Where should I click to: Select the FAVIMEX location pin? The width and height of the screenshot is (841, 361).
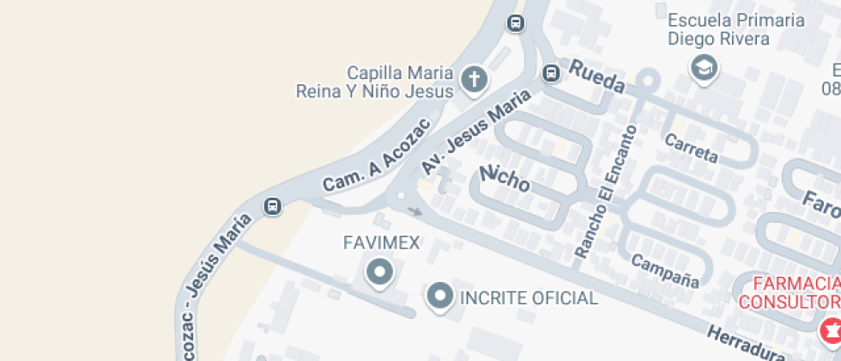[378, 273]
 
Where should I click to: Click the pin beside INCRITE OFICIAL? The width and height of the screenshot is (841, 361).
[440, 297]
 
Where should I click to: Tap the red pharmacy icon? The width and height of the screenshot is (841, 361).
[830, 328]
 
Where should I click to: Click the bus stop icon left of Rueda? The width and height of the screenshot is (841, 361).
[550, 74]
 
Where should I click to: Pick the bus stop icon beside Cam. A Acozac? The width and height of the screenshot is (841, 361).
[272, 206]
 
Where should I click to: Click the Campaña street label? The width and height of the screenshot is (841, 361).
[665, 270]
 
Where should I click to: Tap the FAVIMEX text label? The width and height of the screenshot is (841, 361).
[381, 243]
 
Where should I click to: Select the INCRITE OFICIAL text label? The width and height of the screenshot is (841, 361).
[529, 298]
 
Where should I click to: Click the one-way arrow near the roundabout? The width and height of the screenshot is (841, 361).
[414, 211]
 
